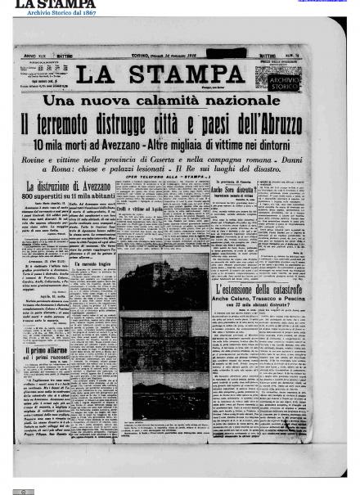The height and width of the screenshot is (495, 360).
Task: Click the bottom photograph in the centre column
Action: coord(164,394)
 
